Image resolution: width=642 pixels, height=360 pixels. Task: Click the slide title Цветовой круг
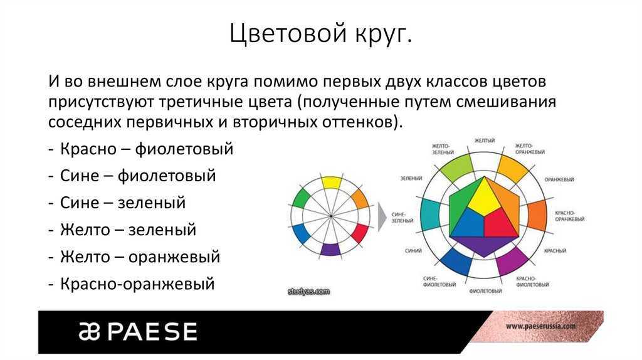coord(320,34)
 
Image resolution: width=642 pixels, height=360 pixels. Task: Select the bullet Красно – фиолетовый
coord(147,149)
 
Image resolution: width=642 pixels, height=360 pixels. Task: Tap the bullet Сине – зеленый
coord(123,203)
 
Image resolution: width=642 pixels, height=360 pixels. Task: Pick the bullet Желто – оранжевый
coord(140,257)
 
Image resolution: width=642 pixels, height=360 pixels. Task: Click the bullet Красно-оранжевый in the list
coord(137,284)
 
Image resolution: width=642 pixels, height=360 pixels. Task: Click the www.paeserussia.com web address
coord(540,326)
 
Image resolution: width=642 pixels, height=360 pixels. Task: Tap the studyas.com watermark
coord(308,292)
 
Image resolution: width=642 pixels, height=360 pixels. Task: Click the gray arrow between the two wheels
coord(382,216)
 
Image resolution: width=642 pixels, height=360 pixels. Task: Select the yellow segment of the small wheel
coord(331,183)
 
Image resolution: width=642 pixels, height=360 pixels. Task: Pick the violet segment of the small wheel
coord(330,249)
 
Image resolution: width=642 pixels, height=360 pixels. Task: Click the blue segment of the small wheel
coord(300,234)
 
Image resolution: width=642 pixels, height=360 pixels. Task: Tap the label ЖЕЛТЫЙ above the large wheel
coord(485,140)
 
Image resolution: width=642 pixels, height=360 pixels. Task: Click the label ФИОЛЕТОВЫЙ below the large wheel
coord(486,291)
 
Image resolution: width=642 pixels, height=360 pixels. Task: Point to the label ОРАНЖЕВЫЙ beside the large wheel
coord(559,179)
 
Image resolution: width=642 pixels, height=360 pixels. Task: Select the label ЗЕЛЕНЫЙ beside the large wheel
coord(411,178)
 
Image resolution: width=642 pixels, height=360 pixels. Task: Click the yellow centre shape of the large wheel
coord(485,198)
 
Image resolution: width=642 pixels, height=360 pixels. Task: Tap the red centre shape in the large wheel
coord(502,223)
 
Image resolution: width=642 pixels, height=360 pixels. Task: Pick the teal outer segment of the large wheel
coord(431,215)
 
